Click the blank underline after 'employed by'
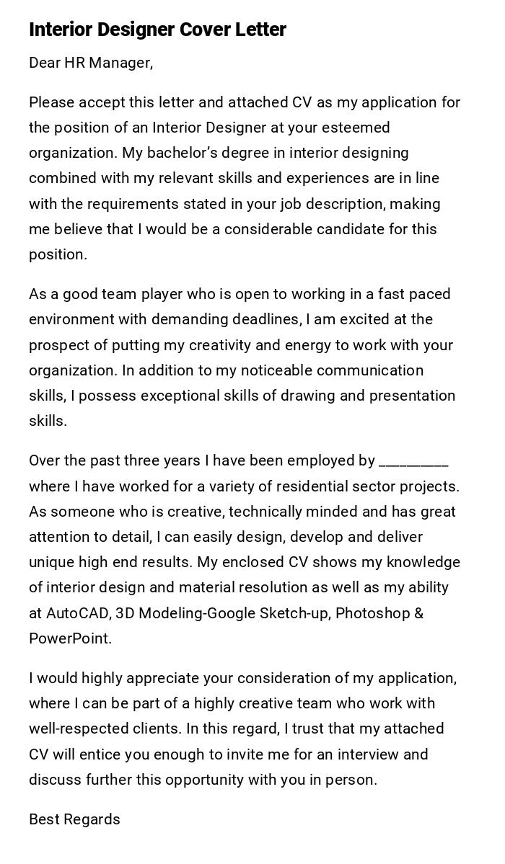[x=413, y=462]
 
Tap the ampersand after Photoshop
[x=418, y=613]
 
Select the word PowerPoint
[x=69, y=638]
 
